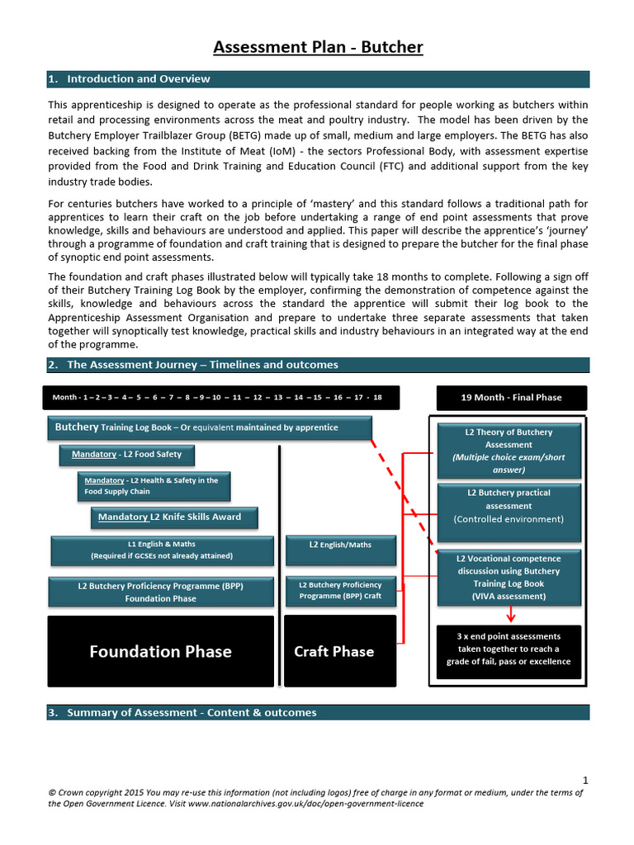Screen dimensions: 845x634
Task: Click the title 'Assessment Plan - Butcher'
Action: [x=318, y=47]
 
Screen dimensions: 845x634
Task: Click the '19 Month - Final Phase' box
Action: [x=511, y=397]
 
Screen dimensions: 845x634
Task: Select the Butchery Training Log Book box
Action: [x=210, y=428]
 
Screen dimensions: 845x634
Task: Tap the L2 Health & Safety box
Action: [x=154, y=486]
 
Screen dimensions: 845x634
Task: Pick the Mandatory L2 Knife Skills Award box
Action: [x=174, y=517]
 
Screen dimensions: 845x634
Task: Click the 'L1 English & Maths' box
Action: [x=162, y=550]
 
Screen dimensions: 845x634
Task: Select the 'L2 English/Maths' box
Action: [x=340, y=545]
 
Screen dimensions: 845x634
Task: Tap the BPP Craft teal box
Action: [x=340, y=590]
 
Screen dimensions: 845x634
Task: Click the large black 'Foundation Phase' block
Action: [x=161, y=651]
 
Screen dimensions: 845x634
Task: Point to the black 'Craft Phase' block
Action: [x=334, y=651]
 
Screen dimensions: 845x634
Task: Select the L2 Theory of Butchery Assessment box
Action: [x=509, y=451]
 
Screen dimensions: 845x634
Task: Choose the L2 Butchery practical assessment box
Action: [x=509, y=506]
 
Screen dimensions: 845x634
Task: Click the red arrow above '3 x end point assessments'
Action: [x=510, y=614]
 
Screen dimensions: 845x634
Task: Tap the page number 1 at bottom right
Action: [x=585, y=780]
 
